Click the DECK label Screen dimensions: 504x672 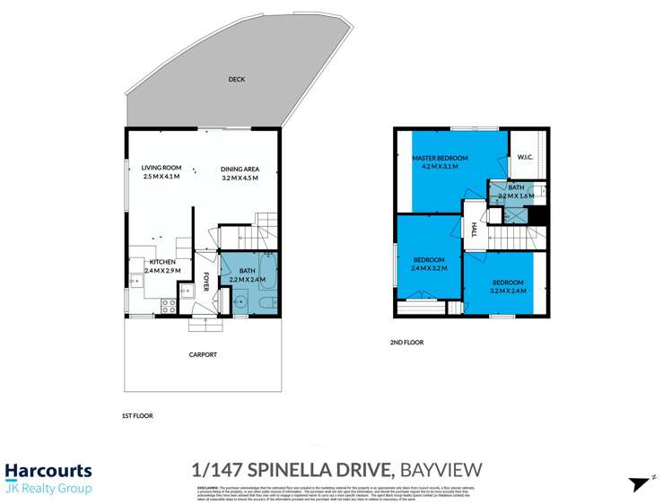pos(237,79)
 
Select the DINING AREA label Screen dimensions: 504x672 pos(240,168)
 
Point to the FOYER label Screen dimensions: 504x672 pos(205,282)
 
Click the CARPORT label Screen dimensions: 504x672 pos(202,354)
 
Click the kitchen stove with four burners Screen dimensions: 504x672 pos(167,306)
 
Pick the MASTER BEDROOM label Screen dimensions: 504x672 pos(440,159)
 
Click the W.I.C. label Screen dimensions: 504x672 pos(527,159)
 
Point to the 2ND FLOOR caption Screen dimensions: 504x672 pos(408,342)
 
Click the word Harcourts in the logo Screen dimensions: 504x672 pos(48,471)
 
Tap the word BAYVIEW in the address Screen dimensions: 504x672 pos(441,469)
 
